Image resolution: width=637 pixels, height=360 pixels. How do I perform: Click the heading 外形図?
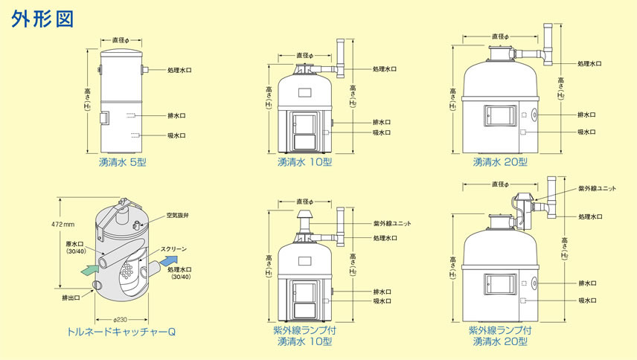tap(42, 19)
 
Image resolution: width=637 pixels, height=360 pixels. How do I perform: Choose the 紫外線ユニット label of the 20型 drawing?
tap(597, 188)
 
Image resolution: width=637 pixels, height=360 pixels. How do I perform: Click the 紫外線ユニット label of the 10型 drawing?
tap(391, 223)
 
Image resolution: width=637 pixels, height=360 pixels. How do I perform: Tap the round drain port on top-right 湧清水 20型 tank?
tap(534, 115)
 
